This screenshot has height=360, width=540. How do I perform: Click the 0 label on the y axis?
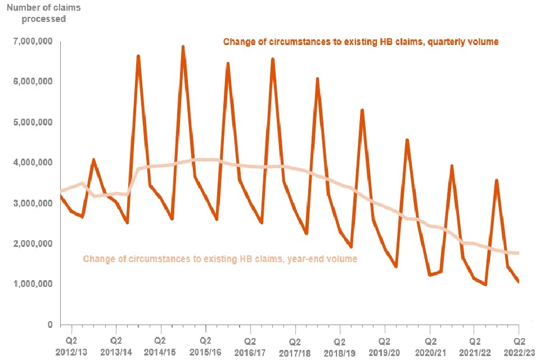[x=49, y=325]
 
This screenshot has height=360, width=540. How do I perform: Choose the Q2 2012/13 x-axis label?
[x=71, y=346]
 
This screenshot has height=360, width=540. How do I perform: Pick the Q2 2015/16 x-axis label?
[x=205, y=346]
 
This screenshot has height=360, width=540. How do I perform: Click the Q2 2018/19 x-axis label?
[x=339, y=346]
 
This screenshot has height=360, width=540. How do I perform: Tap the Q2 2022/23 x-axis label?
[x=519, y=346]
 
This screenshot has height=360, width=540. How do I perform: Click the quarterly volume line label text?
[x=361, y=42]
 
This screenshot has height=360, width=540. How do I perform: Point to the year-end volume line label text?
[x=220, y=259]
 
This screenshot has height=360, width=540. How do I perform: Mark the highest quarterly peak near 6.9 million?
[x=183, y=47]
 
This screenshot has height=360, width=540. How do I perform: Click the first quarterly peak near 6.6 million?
[x=138, y=56]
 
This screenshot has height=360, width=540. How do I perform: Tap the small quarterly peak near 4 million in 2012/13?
[x=93, y=160]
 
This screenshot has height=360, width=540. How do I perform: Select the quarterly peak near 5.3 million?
[x=362, y=110]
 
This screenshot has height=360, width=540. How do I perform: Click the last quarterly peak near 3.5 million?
[x=496, y=180]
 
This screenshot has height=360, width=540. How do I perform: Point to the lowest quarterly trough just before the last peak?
[x=485, y=285]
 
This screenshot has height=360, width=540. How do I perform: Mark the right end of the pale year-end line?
[x=517, y=253]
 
